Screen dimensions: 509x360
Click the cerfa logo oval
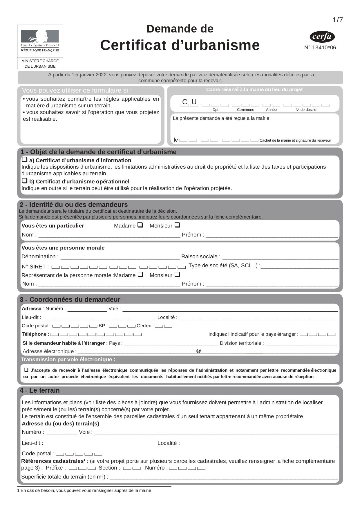coord(322,37)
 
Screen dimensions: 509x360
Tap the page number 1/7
coord(338,20)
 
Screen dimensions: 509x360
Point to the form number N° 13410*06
coord(320,48)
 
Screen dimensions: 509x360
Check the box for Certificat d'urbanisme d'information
coord(25,160)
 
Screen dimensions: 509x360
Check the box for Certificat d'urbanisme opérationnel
coord(25,181)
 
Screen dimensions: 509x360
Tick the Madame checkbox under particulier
coord(140,225)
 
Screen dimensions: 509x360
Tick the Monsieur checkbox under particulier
coord(177,225)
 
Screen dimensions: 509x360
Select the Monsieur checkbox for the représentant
coord(177,275)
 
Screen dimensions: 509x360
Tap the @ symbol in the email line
coord(198,351)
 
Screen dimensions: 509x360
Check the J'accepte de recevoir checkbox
coord(26,370)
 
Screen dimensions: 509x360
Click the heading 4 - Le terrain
coord(40,391)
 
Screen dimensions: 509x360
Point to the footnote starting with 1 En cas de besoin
coord(84,491)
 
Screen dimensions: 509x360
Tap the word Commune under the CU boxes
coord(245,110)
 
